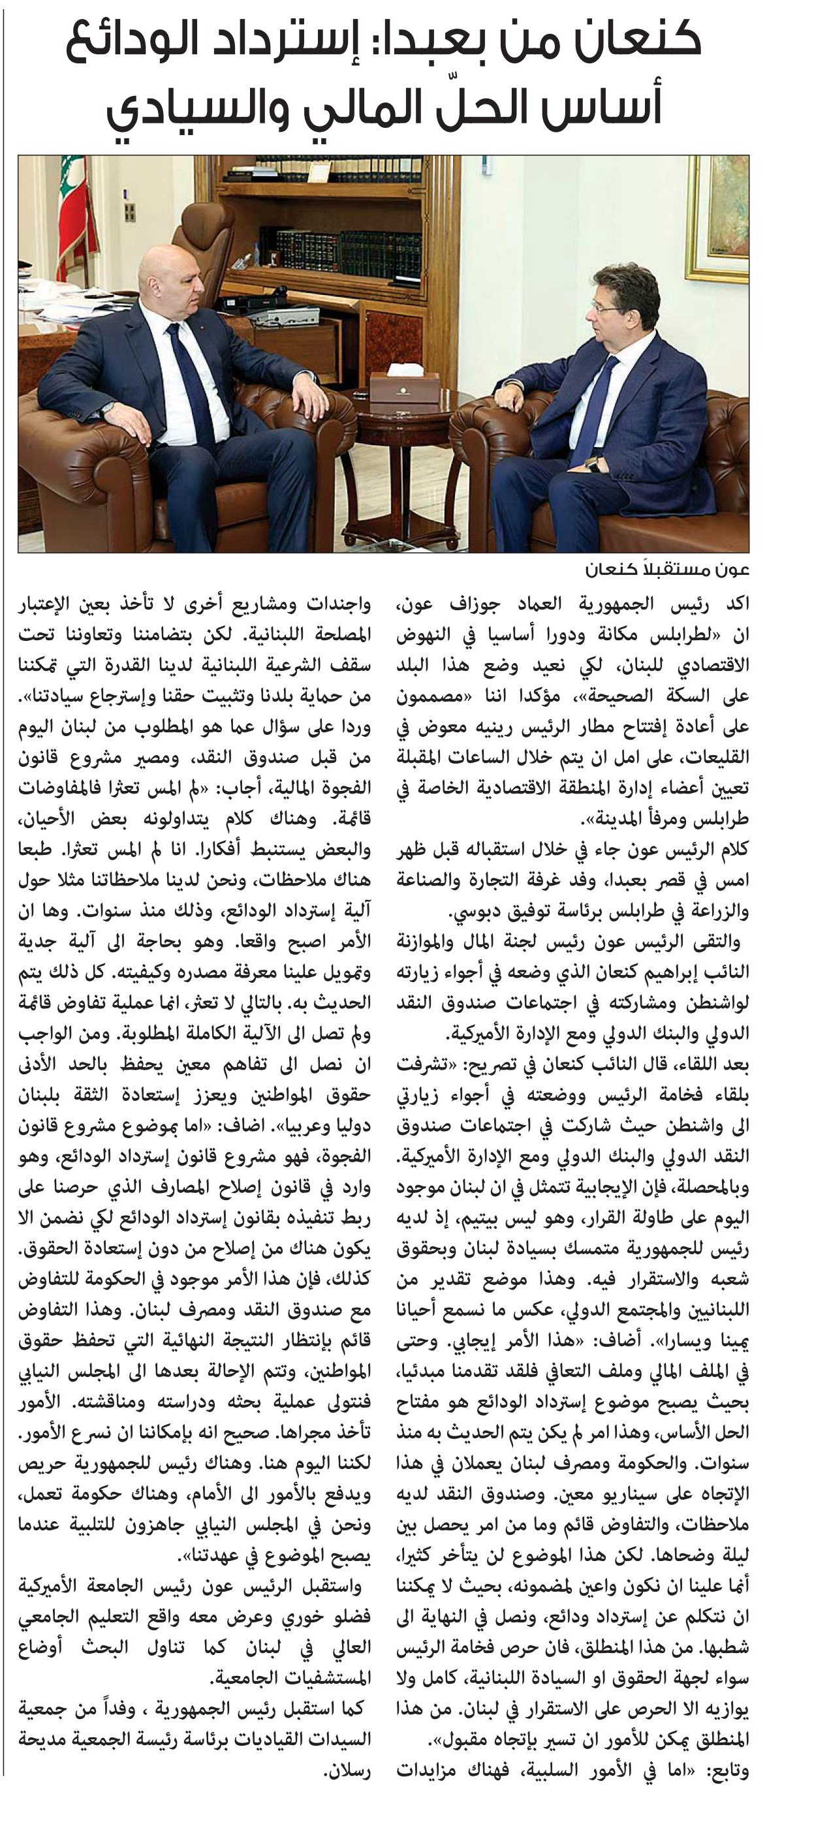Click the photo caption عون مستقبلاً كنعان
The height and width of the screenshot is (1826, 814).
[x=666, y=569]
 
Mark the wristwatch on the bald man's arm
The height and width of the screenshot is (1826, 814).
[x=107, y=410]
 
